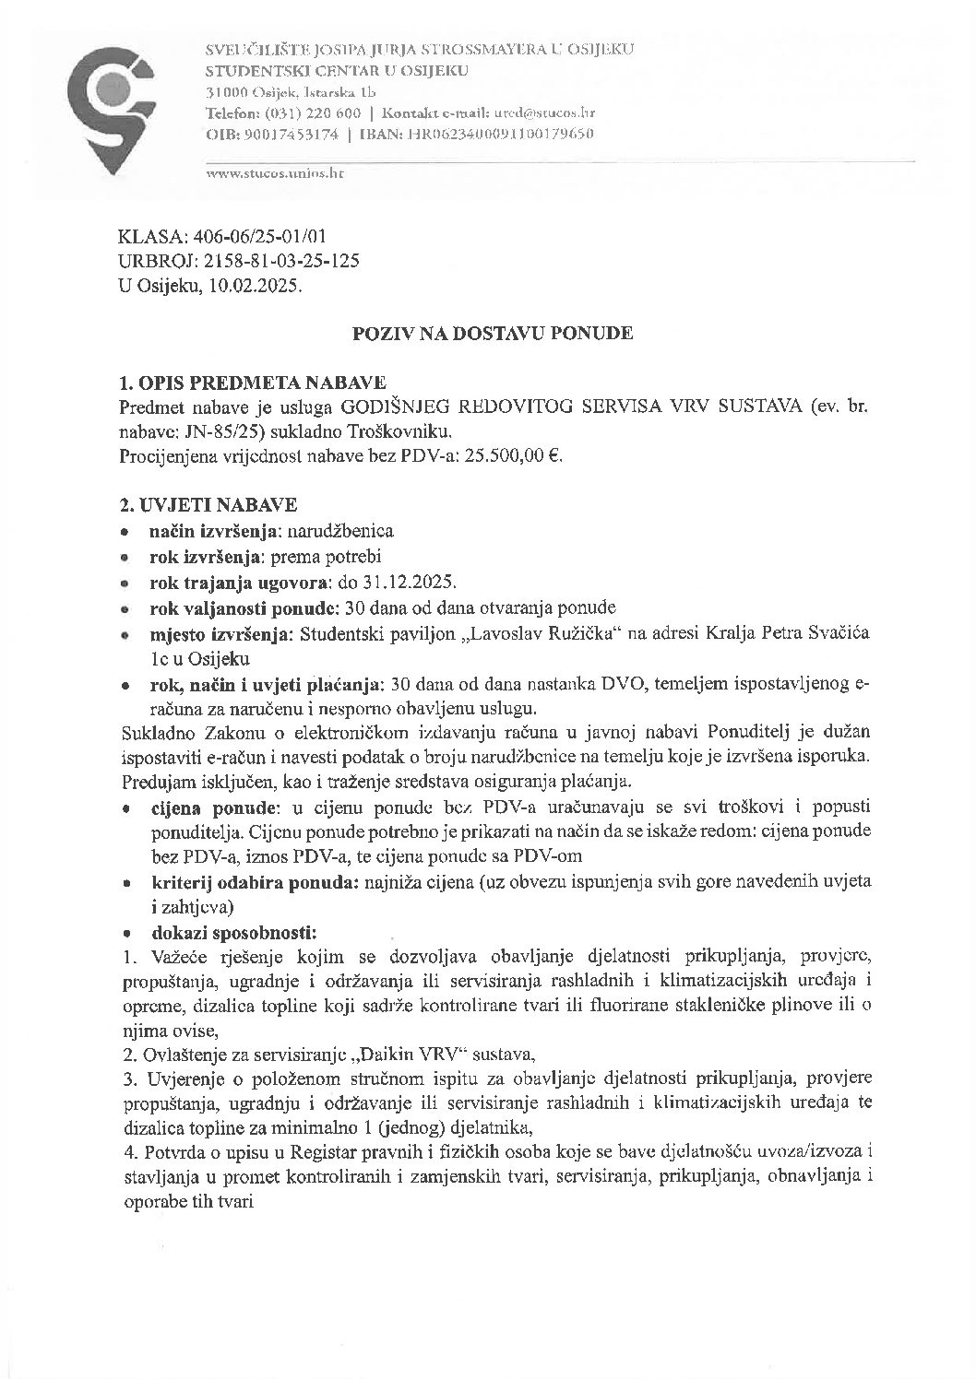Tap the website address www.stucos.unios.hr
275,173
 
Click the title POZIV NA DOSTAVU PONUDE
493,334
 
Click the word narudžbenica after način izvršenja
341,532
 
